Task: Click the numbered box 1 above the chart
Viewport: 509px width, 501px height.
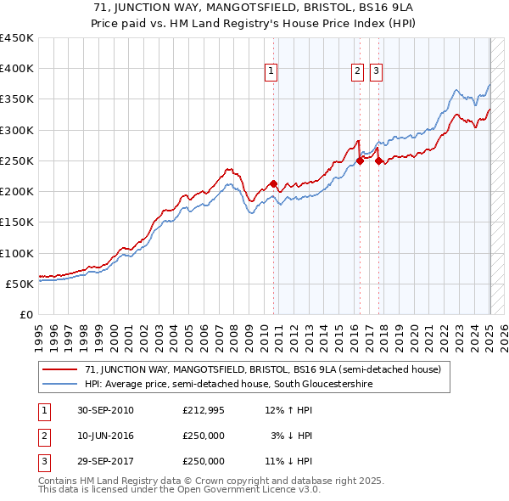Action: click(x=271, y=72)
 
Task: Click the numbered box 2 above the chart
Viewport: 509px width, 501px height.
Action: click(x=357, y=72)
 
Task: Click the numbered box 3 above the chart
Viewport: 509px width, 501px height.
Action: click(x=375, y=72)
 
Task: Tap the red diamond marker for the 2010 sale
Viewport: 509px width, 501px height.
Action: click(x=273, y=183)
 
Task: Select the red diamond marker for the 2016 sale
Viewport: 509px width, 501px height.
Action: click(x=360, y=160)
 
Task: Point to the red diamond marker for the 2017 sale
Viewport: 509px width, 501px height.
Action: click(x=379, y=160)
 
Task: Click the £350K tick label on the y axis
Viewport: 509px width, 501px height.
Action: click(x=17, y=99)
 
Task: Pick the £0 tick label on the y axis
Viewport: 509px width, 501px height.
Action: click(x=27, y=314)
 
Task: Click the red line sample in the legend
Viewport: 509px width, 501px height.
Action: click(x=60, y=370)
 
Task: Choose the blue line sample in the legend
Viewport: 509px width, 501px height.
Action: click(x=60, y=385)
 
